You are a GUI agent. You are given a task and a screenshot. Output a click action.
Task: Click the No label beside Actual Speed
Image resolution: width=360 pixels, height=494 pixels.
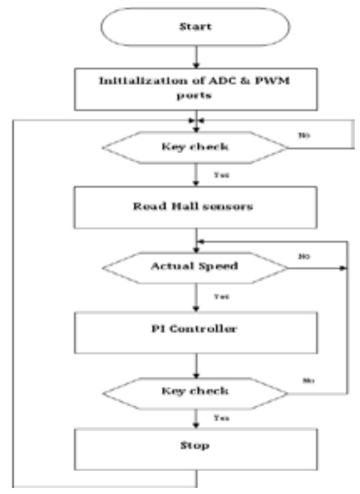point(304,257)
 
